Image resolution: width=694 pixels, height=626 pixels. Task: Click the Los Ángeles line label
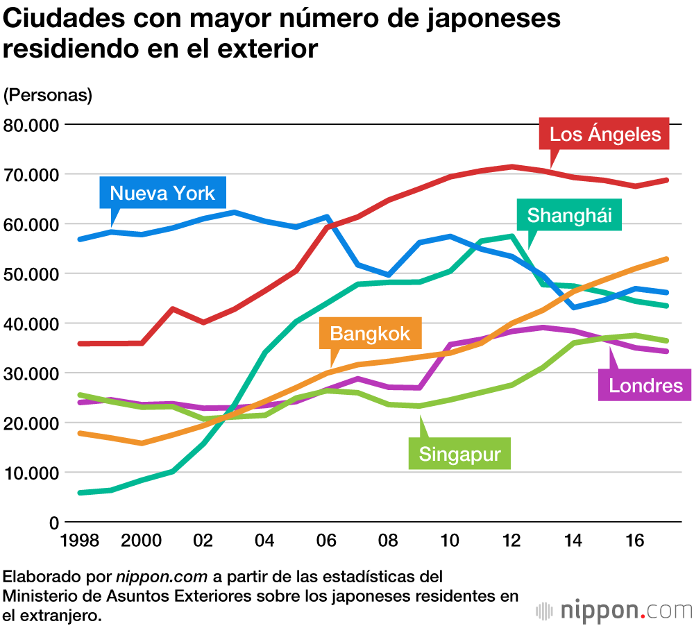[x=604, y=133]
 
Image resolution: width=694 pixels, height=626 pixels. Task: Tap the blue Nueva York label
[x=162, y=192]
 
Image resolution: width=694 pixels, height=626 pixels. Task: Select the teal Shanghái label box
[x=569, y=215]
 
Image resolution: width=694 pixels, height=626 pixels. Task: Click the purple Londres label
[x=645, y=386]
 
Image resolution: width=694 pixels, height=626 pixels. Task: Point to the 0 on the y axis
[x=53, y=522]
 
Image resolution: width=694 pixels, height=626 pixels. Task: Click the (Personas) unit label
[x=48, y=95]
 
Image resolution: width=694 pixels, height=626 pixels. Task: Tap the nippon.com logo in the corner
[x=614, y=611]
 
